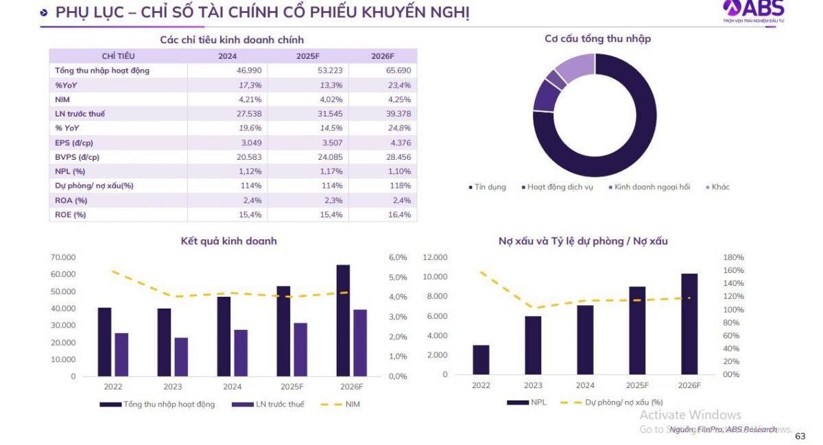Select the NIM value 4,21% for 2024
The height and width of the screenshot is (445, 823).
click(250, 99)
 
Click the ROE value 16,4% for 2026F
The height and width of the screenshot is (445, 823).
click(399, 215)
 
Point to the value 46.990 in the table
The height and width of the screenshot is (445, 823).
click(250, 71)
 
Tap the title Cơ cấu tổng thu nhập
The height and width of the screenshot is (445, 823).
click(597, 39)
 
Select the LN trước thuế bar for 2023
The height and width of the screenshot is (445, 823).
click(181, 357)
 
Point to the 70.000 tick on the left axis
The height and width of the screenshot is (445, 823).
click(63, 257)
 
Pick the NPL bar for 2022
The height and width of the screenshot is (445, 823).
click(481, 359)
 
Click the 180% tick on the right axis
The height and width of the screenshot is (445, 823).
click(733, 257)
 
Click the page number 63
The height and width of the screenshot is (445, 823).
click(800, 436)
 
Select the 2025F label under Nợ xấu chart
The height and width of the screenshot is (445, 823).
click(637, 385)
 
